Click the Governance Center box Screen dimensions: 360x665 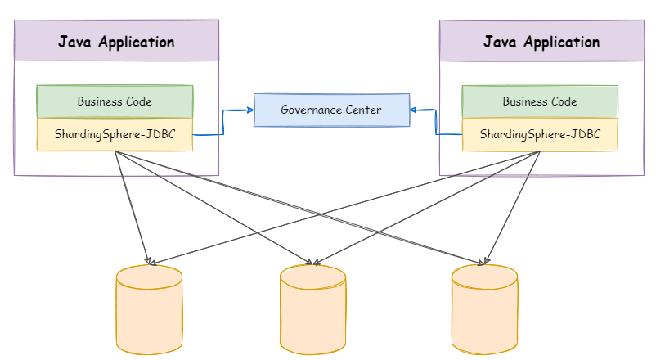330,110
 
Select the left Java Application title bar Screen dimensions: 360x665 116,42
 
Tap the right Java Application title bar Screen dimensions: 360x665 541,42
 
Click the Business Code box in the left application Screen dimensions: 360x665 115,101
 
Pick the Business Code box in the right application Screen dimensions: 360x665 540,101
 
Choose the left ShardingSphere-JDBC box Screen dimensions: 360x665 115,134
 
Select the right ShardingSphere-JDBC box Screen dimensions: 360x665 540,134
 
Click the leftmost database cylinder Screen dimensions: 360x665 148,308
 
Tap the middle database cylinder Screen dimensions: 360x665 312,308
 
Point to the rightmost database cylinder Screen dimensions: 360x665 484,308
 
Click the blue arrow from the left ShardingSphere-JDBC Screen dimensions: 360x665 222,123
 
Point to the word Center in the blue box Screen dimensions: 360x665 364,110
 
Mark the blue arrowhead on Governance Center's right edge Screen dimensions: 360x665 414,109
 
